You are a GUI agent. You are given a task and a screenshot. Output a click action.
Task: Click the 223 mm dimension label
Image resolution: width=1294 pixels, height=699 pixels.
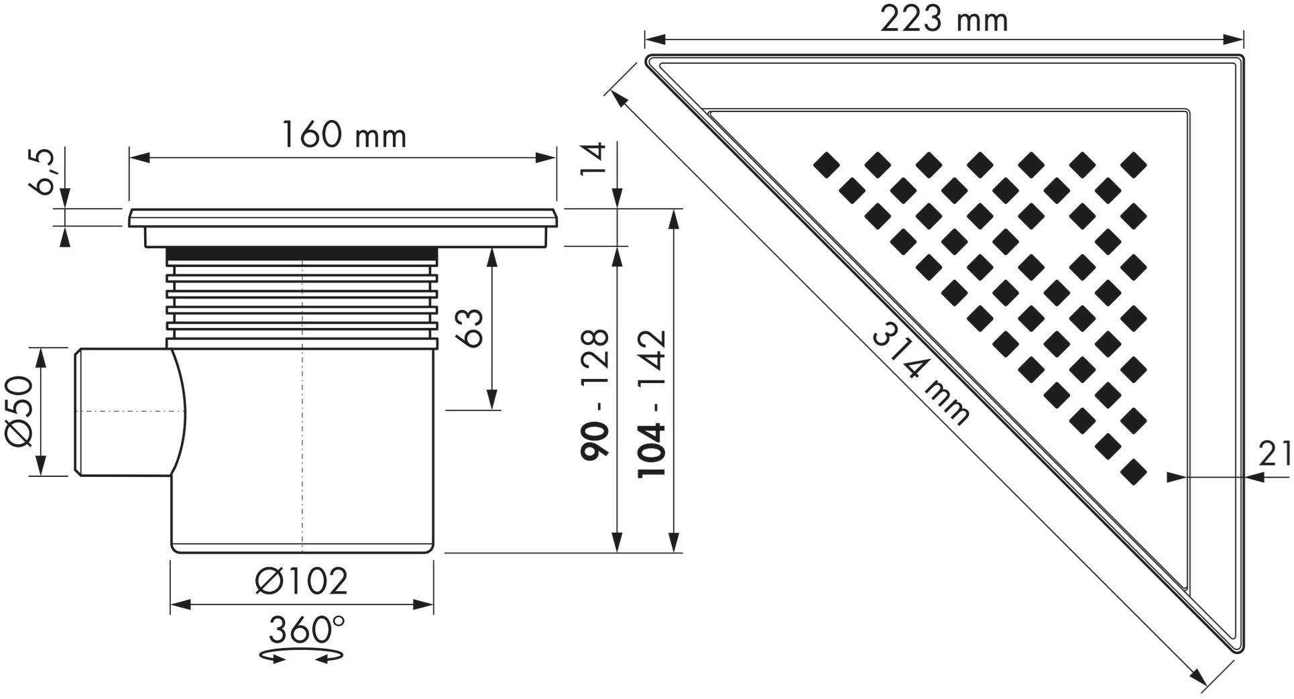943,20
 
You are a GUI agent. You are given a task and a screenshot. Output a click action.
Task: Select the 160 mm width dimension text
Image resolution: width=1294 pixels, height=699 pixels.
343,136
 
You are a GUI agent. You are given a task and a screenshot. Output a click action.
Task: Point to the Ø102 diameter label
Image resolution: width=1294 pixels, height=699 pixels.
302,581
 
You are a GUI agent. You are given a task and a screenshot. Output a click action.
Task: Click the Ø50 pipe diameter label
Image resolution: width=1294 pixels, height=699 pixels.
19,411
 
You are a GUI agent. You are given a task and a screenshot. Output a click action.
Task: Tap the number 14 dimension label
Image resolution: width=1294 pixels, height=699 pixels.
593,159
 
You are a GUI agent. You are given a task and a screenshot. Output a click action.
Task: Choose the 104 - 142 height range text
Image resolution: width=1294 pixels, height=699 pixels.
652,403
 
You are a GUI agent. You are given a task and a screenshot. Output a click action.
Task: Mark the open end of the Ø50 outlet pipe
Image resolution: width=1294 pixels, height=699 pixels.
78,412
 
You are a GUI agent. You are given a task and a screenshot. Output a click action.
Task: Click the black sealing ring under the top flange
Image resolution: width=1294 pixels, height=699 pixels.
302,254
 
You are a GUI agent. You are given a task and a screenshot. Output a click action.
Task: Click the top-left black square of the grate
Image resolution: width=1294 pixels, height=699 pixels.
825,164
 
